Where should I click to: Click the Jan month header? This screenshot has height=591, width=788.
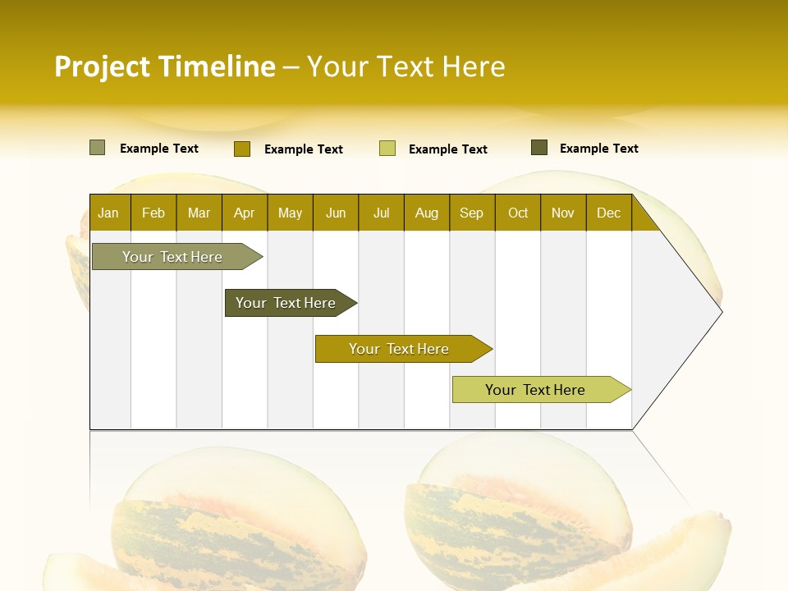(109, 213)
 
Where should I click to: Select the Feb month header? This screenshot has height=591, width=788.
(153, 213)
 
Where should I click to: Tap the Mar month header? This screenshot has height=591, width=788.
(199, 213)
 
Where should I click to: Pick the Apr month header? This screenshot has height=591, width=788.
(245, 213)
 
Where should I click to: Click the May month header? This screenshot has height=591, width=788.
(290, 213)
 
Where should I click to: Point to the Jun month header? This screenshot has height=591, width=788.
(336, 213)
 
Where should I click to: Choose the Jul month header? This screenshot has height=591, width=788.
(381, 213)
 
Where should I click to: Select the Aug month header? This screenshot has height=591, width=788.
(427, 213)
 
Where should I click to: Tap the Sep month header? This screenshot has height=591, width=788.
(472, 213)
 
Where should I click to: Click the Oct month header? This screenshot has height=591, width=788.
(518, 213)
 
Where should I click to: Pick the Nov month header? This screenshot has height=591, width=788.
(563, 213)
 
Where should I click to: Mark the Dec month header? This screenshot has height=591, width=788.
(609, 213)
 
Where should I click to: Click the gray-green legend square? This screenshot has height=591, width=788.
(98, 148)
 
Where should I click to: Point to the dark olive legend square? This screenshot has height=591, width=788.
(539, 148)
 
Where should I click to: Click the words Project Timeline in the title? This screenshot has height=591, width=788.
(165, 66)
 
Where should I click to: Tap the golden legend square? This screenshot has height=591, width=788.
(242, 149)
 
